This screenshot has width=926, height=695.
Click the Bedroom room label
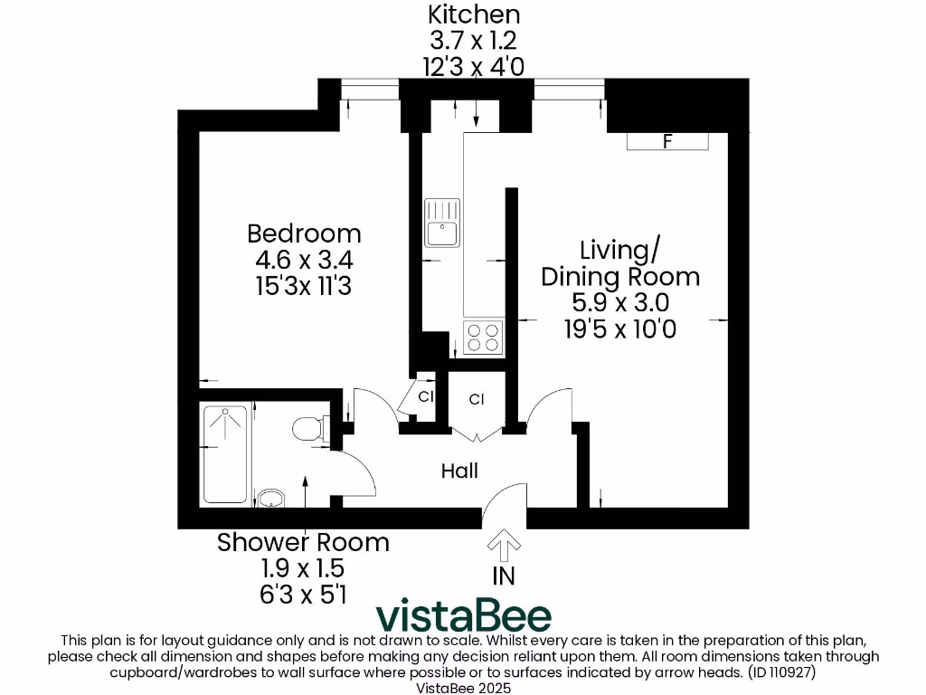click(x=304, y=233)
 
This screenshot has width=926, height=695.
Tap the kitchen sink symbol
click(x=442, y=223)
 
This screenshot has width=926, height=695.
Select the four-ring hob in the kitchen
click(x=483, y=338)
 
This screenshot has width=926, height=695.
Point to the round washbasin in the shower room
click(x=271, y=497)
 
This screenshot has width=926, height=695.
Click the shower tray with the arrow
click(x=225, y=454)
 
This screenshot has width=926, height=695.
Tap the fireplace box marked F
click(x=668, y=141)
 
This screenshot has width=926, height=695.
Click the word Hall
click(x=459, y=471)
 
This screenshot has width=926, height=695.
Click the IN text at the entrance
click(x=504, y=576)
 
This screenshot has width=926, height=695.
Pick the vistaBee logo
click(x=463, y=615)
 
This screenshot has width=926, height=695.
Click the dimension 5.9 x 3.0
click(x=619, y=302)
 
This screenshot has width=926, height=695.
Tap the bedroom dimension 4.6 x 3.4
click(x=304, y=260)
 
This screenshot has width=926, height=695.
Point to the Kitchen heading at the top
click(x=474, y=14)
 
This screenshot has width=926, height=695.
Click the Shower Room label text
click(x=303, y=543)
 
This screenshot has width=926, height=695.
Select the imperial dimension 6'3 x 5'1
click(x=303, y=594)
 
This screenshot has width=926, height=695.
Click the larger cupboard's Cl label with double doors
click(x=477, y=399)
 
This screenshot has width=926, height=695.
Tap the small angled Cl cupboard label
click(x=426, y=396)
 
